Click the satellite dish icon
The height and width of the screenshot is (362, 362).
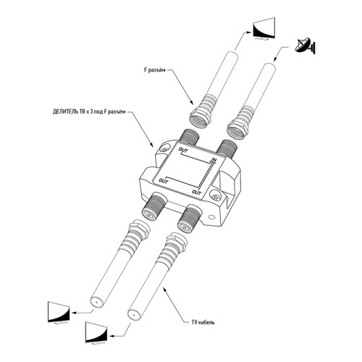(x=306, y=46)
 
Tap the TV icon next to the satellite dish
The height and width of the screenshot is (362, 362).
(x=264, y=28)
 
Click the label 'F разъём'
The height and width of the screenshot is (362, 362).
(x=155, y=70)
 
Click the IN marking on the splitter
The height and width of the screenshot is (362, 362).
(x=214, y=160)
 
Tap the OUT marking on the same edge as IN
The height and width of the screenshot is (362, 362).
(x=183, y=151)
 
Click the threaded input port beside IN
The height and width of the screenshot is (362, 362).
(x=226, y=148)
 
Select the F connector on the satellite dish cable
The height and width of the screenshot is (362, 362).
(x=240, y=125)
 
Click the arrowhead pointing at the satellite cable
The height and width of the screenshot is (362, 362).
(x=274, y=60)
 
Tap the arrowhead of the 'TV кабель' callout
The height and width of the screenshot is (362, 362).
(x=164, y=290)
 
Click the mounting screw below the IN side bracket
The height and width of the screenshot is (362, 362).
(x=216, y=196)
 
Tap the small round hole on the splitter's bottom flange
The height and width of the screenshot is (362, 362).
(x=212, y=217)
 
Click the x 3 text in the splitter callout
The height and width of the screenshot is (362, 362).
(x=90, y=111)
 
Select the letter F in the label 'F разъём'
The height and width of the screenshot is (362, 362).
(x=146, y=70)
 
